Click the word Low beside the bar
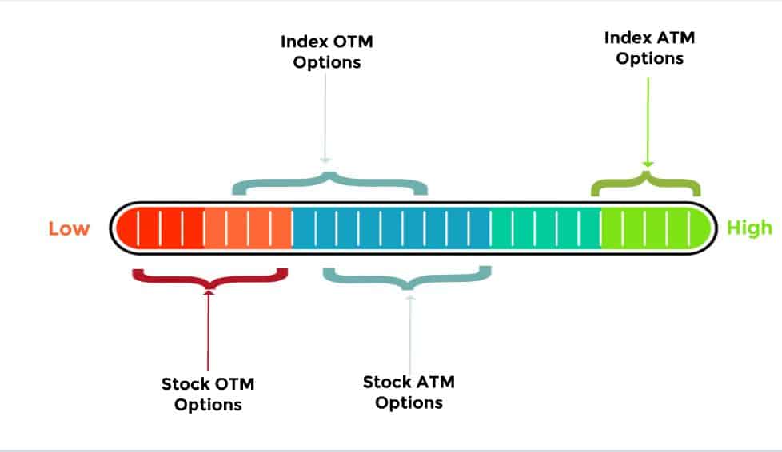click(x=69, y=228)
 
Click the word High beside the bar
click(x=749, y=228)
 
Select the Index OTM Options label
click(x=327, y=52)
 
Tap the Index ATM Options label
click(x=649, y=48)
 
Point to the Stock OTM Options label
click(x=208, y=395)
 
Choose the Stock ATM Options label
click(x=409, y=392)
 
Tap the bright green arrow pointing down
click(x=648, y=123)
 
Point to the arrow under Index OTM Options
click(x=325, y=119)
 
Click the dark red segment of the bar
click(x=160, y=228)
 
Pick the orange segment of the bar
click(x=248, y=228)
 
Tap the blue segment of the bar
click(x=391, y=228)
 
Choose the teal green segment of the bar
click(x=545, y=228)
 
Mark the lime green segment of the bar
click(x=656, y=228)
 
